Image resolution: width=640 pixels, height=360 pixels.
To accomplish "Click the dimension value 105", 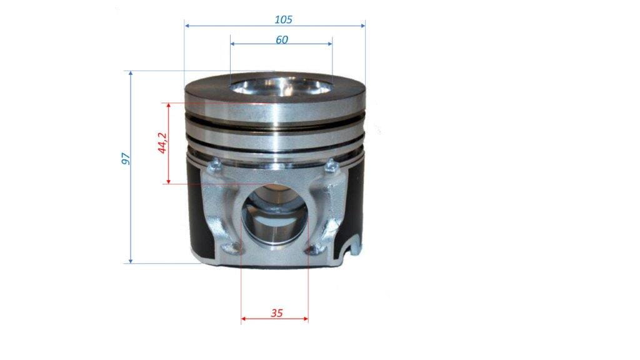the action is coord(283,19).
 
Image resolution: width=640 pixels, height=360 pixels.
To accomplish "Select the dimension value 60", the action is coord(282,40).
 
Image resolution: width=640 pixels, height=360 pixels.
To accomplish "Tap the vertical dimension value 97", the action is coord(126,158).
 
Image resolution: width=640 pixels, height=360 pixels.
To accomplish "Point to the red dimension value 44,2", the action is coord(162,143).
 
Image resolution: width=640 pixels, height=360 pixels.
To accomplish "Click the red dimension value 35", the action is coord(276,313).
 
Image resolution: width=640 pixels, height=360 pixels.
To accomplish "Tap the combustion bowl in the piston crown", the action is coord(281,86).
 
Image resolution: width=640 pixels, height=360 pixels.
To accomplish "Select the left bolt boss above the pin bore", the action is coord(214,165).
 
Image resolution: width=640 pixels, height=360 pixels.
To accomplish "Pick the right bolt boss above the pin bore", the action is coord(331,166).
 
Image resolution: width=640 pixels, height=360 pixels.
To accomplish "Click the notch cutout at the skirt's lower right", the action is coord(352,246).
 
